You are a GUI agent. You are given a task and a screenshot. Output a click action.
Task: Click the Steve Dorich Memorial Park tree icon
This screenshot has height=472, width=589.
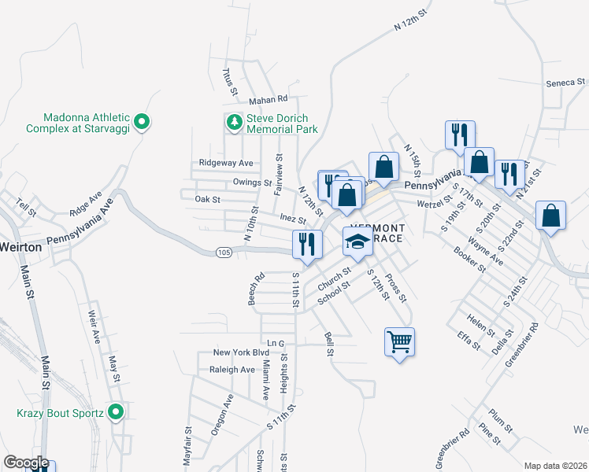click(x=234, y=122)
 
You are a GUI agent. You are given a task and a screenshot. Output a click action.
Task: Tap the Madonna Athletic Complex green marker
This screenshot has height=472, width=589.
click(x=142, y=122)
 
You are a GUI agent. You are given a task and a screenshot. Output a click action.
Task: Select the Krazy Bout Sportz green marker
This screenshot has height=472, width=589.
click(x=117, y=412)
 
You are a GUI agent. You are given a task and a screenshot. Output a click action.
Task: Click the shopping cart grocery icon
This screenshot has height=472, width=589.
click(x=400, y=341)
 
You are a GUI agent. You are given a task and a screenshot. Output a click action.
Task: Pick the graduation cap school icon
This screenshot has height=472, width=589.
click(x=357, y=242)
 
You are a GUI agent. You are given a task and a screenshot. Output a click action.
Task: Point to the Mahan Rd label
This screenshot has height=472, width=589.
click(x=269, y=100)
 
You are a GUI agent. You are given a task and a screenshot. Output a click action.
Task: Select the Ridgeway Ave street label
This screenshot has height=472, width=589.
click(x=226, y=163)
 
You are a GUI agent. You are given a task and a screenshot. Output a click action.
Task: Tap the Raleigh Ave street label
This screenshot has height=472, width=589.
click(x=232, y=370)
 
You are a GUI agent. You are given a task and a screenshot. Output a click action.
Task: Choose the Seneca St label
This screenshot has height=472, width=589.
click(x=565, y=82)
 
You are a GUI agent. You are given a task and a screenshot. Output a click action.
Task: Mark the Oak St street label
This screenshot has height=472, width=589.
click(x=207, y=200)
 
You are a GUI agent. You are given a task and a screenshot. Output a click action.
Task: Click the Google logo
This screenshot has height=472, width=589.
click(x=26, y=462)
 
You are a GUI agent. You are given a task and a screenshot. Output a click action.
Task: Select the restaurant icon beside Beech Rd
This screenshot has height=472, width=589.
click(x=306, y=244)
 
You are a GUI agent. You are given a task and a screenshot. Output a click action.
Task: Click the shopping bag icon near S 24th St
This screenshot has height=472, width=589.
click(x=551, y=216)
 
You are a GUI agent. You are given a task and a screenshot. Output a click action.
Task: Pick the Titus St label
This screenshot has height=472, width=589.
click(x=229, y=81)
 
